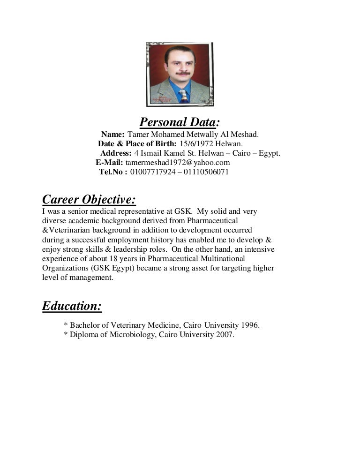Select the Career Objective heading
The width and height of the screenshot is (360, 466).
pos(89,200)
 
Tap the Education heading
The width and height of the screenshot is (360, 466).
pos(72,306)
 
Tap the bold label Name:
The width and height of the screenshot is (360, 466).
pos(112,135)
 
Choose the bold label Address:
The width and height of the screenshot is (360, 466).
pos(116,153)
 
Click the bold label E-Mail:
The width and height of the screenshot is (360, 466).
pos(109,163)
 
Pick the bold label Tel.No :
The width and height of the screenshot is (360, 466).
pos(113,172)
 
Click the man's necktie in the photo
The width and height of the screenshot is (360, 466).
pos(182,95)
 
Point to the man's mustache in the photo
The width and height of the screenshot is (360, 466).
pos(181,74)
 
